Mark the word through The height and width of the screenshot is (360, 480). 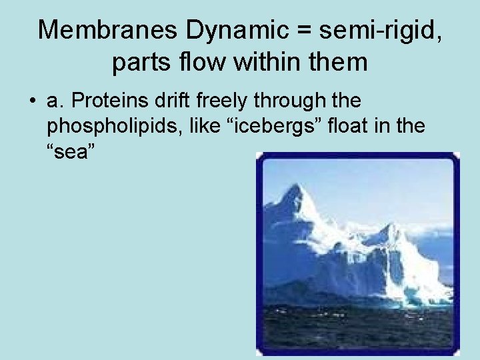(x=287, y=101)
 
